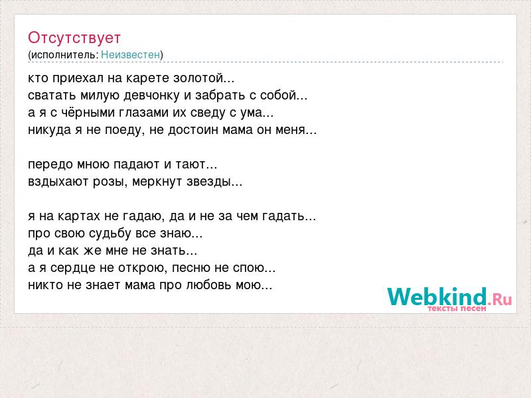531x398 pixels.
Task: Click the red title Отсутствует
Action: (x=74, y=38)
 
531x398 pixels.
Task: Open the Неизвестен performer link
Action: (x=130, y=54)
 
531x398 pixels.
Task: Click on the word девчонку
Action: (x=151, y=96)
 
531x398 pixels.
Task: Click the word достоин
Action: (x=193, y=130)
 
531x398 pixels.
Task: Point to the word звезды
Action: (x=208, y=182)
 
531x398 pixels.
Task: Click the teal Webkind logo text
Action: (x=437, y=296)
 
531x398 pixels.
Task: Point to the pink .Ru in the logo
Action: (x=500, y=299)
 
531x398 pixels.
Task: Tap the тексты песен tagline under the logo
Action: (x=457, y=308)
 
